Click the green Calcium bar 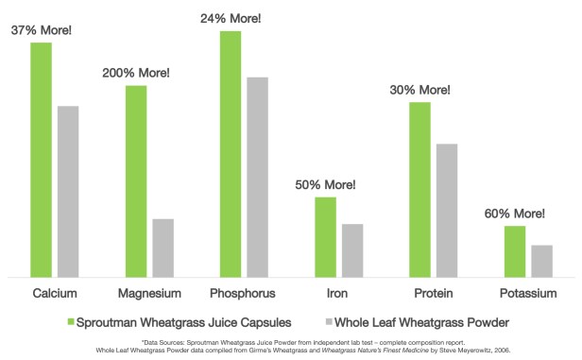pyautogui.click(x=41, y=160)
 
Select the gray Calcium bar pyautogui.click(x=68, y=191)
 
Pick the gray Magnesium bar pyautogui.click(x=163, y=248)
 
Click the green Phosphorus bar pyautogui.click(x=231, y=153)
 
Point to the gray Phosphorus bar pyautogui.click(x=258, y=177)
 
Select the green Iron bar pyautogui.click(x=326, y=236)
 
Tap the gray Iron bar pyautogui.click(x=352, y=250)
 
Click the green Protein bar pyautogui.click(x=420, y=189)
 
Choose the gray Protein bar pyautogui.click(x=447, y=210)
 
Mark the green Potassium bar pyautogui.click(x=515, y=251)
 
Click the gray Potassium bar pyautogui.click(x=542, y=261)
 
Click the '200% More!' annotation pyautogui.click(x=136, y=73)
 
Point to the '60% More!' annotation pyautogui.click(x=515, y=214)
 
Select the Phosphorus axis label pyautogui.click(x=244, y=293)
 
